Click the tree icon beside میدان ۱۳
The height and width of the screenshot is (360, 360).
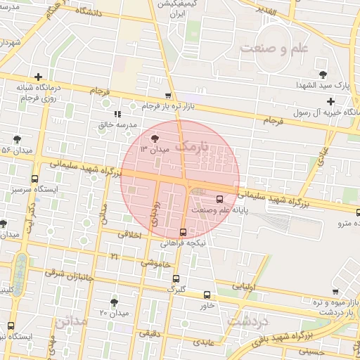click(x=155, y=138)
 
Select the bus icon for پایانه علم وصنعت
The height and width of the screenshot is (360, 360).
click(x=220, y=198)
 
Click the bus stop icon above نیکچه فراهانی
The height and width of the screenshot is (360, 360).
click(x=183, y=232)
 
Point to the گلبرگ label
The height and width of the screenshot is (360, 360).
click(x=175, y=288)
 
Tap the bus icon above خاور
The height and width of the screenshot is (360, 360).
click(x=207, y=295)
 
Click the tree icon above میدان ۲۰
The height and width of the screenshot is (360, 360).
click(x=114, y=302)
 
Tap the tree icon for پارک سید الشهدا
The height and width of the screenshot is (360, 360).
click(x=323, y=74)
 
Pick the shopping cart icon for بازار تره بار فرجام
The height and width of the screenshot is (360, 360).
click(x=167, y=95)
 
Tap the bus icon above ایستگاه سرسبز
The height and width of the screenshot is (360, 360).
click(x=35, y=179)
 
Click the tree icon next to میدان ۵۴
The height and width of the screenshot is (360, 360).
click(x=17, y=139)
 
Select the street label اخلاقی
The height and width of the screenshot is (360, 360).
click(x=130, y=236)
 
